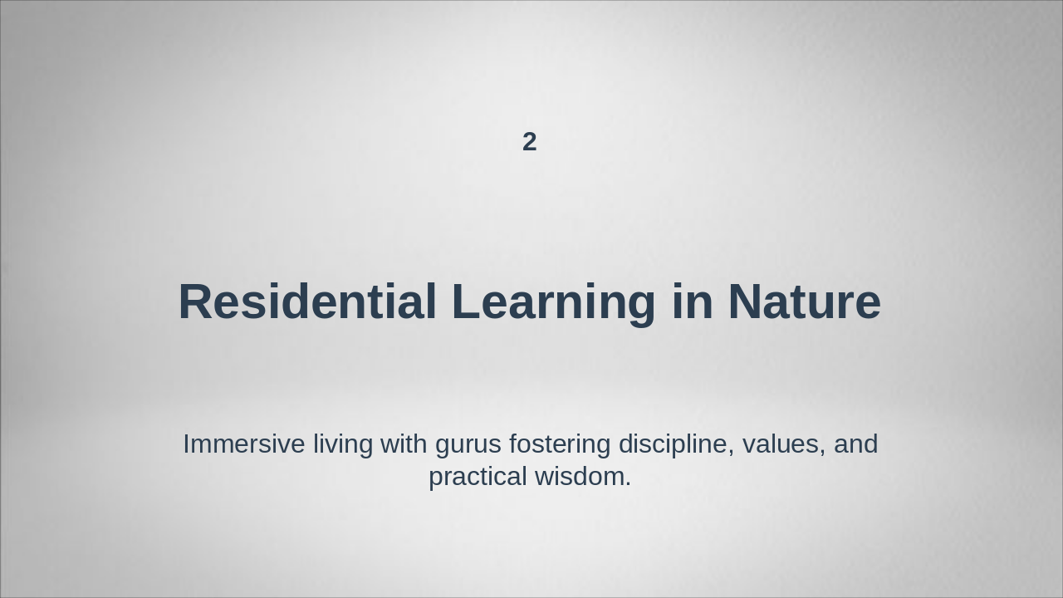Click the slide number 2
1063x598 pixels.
530,142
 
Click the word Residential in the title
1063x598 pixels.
307,301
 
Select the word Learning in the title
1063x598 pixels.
554,303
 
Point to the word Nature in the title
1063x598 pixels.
804,301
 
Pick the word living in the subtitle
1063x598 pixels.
343,445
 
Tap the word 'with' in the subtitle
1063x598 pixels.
404,444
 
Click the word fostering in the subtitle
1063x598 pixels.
561,445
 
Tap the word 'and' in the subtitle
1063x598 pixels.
855,444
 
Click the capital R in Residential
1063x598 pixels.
196,301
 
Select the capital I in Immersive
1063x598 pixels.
186,444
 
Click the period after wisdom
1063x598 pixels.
628,485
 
